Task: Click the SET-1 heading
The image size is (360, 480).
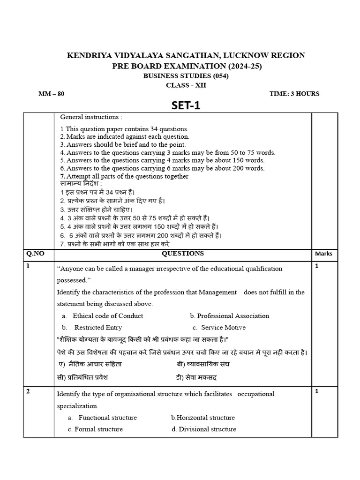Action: tap(186, 106)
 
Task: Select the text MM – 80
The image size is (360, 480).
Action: tap(51, 93)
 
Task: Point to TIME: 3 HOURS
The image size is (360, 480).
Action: tap(294, 93)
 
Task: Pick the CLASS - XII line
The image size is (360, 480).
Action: tap(186, 85)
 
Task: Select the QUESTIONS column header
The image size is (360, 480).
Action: tap(183, 254)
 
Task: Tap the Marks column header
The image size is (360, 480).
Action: tap(324, 254)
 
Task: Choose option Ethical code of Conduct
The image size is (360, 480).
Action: tap(108, 316)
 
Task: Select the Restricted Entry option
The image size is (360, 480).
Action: tap(98, 328)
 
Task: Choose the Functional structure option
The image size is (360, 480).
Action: tap(107, 418)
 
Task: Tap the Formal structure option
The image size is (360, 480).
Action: tap(98, 429)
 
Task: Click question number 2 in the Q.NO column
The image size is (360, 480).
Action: tap(29, 392)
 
